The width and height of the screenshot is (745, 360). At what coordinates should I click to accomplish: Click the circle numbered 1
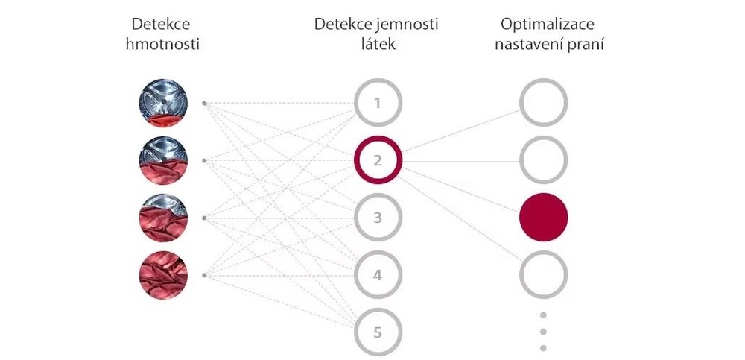pyautogui.click(x=378, y=102)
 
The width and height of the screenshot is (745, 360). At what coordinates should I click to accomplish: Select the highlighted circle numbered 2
pyautogui.click(x=378, y=160)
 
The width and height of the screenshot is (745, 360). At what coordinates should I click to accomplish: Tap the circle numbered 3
pyautogui.click(x=378, y=218)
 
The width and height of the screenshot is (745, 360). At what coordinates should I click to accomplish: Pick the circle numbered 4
pyautogui.click(x=378, y=275)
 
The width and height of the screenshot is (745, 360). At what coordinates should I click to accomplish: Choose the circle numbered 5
pyautogui.click(x=378, y=332)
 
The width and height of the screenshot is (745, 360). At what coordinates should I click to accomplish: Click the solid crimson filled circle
pyautogui.click(x=544, y=218)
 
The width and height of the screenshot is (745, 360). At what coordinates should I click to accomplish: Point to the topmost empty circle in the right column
pyautogui.click(x=544, y=102)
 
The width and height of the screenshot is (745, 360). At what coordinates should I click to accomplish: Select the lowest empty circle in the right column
pyautogui.click(x=544, y=275)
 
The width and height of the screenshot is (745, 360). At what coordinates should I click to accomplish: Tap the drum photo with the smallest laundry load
pyautogui.click(x=162, y=102)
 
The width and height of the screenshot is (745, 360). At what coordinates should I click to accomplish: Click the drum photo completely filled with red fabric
pyautogui.click(x=162, y=275)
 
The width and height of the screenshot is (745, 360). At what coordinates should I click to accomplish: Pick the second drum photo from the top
pyautogui.click(x=162, y=160)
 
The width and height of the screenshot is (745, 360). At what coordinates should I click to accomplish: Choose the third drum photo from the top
pyautogui.click(x=162, y=218)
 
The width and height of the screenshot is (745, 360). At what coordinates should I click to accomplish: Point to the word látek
pyautogui.click(x=376, y=44)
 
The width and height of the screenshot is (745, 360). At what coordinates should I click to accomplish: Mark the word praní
pyautogui.click(x=586, y=44)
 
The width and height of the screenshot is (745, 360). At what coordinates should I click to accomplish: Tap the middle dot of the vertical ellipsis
pyautogui.click(x=544, y=331)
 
